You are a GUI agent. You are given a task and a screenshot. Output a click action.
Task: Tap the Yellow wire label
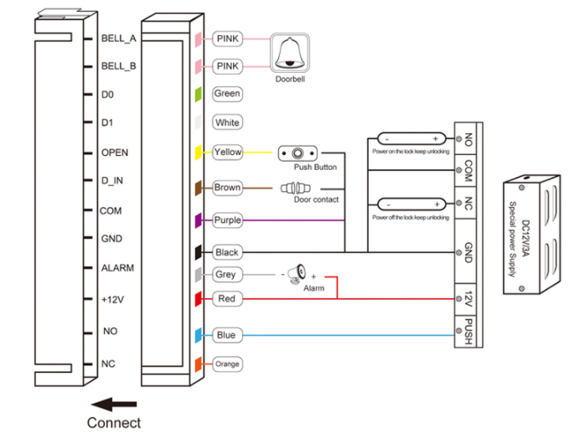227,152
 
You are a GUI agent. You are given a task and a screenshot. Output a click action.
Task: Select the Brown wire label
227,188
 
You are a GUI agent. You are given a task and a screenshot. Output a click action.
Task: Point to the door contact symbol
294,188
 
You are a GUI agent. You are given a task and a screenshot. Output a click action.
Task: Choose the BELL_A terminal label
116,39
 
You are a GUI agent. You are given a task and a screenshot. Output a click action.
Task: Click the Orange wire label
227,364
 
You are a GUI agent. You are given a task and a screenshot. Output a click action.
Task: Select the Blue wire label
226,335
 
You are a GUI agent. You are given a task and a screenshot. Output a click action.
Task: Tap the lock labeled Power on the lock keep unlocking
411,138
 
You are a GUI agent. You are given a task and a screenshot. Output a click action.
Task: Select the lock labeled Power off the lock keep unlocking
411,204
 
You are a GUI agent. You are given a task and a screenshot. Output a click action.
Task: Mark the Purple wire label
227,220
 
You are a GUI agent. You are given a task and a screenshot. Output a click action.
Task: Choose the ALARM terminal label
117,268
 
